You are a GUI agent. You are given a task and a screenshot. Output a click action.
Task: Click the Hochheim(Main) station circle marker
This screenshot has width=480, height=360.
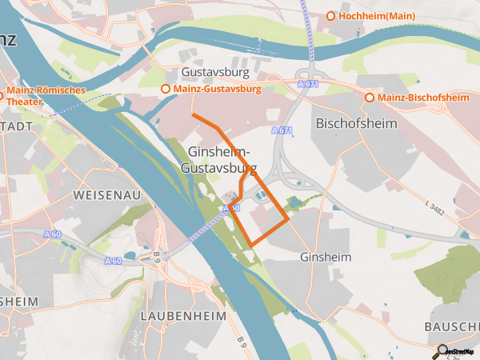click(330, 16)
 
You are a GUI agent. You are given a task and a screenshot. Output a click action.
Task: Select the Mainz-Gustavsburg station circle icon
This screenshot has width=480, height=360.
click(166, 89)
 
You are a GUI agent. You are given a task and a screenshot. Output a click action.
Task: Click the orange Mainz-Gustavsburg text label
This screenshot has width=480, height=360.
click(217, 89)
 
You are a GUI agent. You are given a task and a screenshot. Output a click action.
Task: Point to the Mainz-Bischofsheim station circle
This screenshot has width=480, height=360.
click(370, 98)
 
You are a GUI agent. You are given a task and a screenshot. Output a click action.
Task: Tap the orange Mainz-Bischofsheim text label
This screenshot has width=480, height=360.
click(423, 98)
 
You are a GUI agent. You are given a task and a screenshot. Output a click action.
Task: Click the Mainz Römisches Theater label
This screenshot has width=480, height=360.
click(46, 96)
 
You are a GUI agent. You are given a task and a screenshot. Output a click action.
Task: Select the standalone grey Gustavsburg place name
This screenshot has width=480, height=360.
click(216, 72)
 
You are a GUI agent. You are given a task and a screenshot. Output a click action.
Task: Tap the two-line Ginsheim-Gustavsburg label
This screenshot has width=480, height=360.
click(221, 161)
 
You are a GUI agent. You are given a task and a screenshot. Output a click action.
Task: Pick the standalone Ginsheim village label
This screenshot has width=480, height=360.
click(326, 258)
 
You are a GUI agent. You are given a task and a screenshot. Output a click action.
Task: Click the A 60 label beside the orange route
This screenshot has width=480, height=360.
click(231, 208)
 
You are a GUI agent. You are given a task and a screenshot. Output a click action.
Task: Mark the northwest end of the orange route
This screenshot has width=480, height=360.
click(194, 116)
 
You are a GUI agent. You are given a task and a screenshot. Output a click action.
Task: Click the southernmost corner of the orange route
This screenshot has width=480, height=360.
click(252, 244)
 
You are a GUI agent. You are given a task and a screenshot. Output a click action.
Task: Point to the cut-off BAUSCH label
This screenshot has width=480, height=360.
click(452, 328)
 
